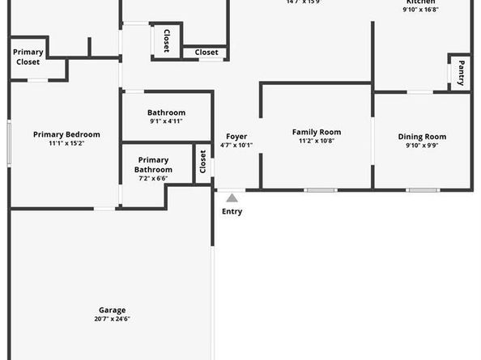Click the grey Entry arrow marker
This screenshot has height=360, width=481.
point(232,197)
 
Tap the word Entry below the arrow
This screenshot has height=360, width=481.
point(232,212)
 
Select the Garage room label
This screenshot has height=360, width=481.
point(113,310)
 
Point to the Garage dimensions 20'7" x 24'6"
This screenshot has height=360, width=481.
point(113,319)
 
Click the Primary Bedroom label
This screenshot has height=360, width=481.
point(66,134)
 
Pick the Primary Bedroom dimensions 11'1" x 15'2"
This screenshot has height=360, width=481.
point(66,143)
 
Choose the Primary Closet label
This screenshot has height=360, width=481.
point(28,56)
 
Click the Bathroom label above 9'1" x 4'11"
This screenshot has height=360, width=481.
point(166,112)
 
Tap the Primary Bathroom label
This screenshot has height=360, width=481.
point(153,165)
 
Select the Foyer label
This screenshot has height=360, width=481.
point(236,137)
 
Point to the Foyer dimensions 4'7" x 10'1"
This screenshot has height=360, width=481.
point(236,146)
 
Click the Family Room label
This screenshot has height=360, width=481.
point(317,132)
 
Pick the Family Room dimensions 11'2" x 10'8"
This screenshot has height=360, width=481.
point(317,141)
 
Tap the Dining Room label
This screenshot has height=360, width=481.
point(422,137)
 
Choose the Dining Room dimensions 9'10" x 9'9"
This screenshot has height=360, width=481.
point(422,146)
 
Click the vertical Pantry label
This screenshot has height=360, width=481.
point(461,72)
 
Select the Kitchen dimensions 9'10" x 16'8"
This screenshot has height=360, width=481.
point(422,10)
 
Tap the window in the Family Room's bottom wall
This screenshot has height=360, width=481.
point(321,190)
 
